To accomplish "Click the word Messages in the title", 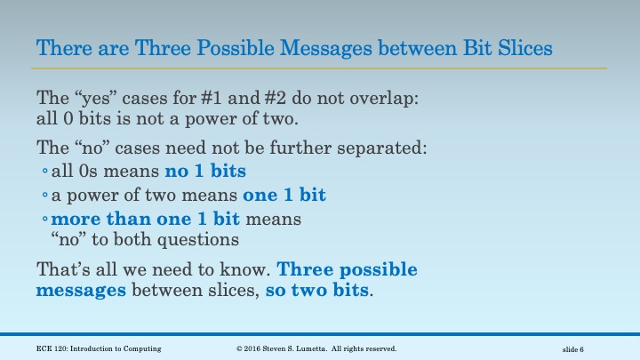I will (341, 46).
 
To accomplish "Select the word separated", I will (388, 148).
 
